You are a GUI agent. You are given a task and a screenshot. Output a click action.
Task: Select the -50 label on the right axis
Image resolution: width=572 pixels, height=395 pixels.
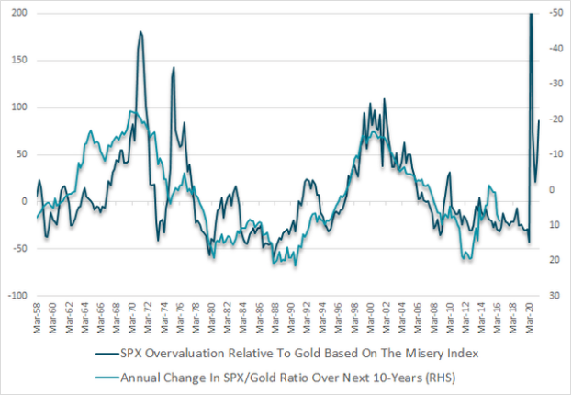554,13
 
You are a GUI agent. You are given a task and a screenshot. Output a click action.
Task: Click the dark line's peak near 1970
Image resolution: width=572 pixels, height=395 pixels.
140,32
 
